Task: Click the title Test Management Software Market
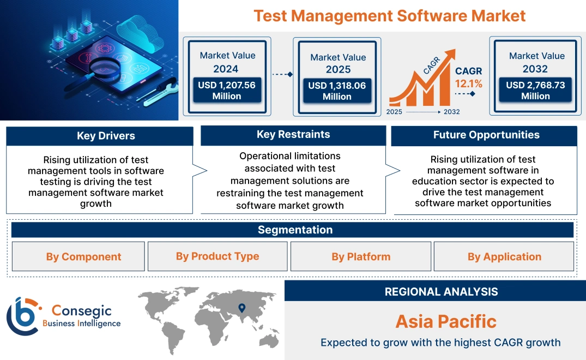click(389, 15)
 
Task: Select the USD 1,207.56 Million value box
click(227, 91)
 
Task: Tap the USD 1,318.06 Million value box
click(337, 91)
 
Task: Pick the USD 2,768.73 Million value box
click(535, 90)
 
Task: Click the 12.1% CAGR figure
click(469, 83)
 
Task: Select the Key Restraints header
click(293, 135)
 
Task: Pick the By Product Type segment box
click(218, 256)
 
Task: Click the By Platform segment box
click(361, 256)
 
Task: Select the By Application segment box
click(504, 256)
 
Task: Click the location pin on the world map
click(242, 309)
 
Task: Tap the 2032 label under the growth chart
click(451, 112)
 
